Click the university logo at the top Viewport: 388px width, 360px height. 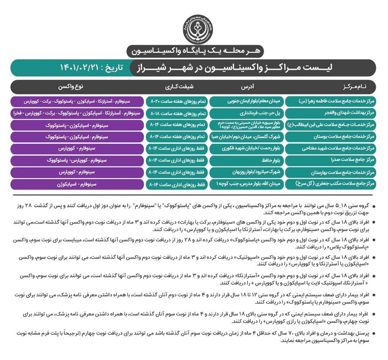pos(198,29)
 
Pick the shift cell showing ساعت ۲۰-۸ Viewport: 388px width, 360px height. pos(177,102)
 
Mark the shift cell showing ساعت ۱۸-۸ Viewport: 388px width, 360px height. pos(177,114)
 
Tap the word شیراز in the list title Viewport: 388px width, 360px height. pos(146,68)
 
